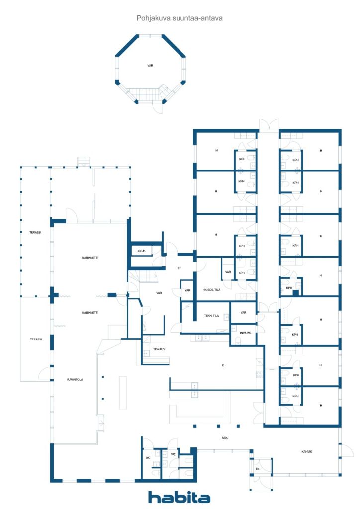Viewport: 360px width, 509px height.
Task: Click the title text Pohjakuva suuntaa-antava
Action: click(179, 18)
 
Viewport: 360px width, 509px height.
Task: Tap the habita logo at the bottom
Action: click(179, 497)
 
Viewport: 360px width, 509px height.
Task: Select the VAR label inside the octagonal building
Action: click(150, 66)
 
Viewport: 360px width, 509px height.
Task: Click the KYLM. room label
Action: click(142, 251)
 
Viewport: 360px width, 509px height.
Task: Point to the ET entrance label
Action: click(179, 268)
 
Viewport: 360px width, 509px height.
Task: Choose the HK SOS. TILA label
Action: click(211, 290)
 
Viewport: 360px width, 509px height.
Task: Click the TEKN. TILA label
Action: click(211, 316)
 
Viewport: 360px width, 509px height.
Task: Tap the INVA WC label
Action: click(246, 333)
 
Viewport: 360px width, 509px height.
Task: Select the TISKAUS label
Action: click(159, 349)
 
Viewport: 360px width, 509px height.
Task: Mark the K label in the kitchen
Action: click(223, 365)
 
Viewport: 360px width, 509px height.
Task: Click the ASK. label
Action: click(225, 438)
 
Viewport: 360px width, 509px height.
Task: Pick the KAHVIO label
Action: click(307, 451)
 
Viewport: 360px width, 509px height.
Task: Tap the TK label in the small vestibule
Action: click(258, 469)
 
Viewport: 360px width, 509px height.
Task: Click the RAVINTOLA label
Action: click(75, 379)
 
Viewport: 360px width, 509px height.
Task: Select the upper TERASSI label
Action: click(35, 233)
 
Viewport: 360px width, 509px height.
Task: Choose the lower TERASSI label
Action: click(36, 339)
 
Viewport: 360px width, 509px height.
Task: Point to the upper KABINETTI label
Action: click(90, 258)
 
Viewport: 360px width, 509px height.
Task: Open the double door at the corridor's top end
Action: click(269, 125)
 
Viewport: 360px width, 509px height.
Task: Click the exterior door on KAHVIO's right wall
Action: click(346, 450)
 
